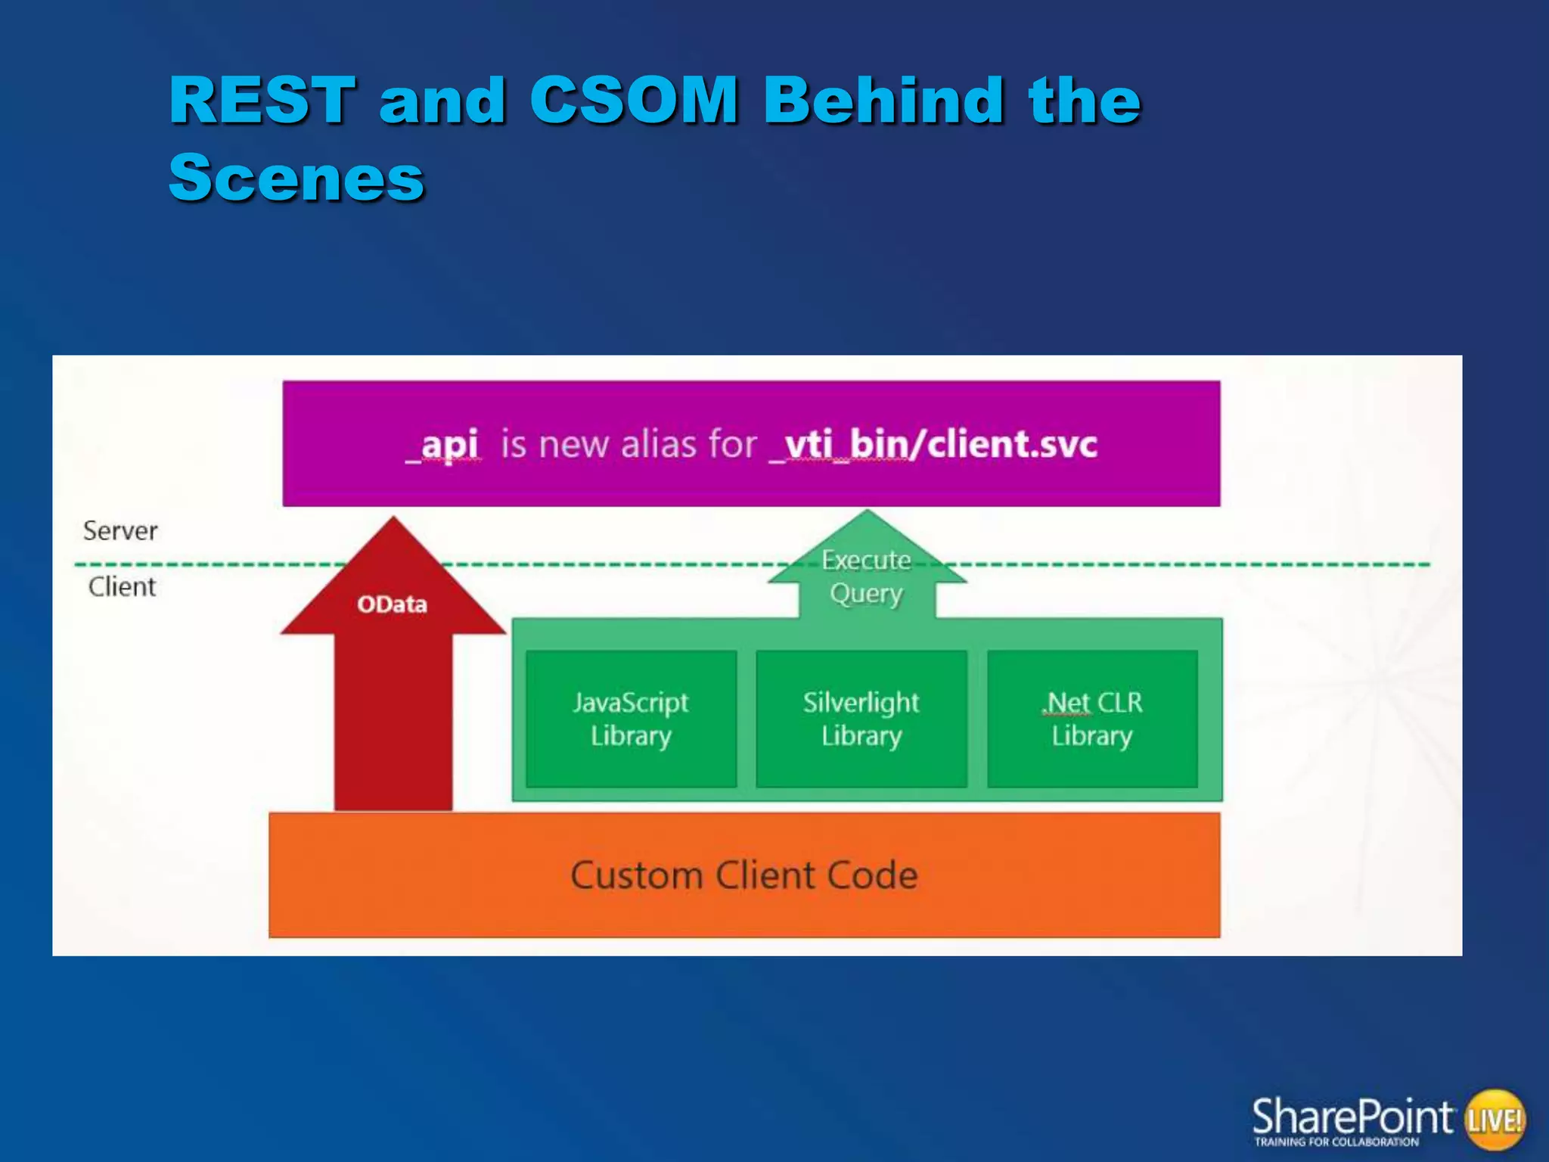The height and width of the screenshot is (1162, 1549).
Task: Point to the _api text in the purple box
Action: pyautogui.click(x=445, y=444)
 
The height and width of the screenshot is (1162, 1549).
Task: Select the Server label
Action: pyautogui.click(x=120, y=531)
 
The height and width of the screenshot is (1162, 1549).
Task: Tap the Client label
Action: pyautogui.click(x=122, y=587)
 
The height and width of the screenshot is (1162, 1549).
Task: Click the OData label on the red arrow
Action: pyautogui.click(x=392, y=604)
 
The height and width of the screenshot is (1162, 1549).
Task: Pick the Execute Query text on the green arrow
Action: pyautogui.click(x=867, y=577)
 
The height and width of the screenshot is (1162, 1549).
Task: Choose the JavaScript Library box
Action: pyautogui.click(x=631, y=719)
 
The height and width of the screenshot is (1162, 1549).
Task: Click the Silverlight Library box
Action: pyautogui.click(x=861, y=719)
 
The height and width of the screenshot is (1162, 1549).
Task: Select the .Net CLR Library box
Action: pyautogui.click(x=1092, y=719)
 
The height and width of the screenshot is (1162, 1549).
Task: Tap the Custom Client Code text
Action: pyautogui.click(x=744, y=875)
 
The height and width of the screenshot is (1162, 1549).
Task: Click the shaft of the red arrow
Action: pyautogui.click(x=393, y=726)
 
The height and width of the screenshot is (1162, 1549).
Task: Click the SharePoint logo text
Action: pyautogui.click(x=1352, y=1116)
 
